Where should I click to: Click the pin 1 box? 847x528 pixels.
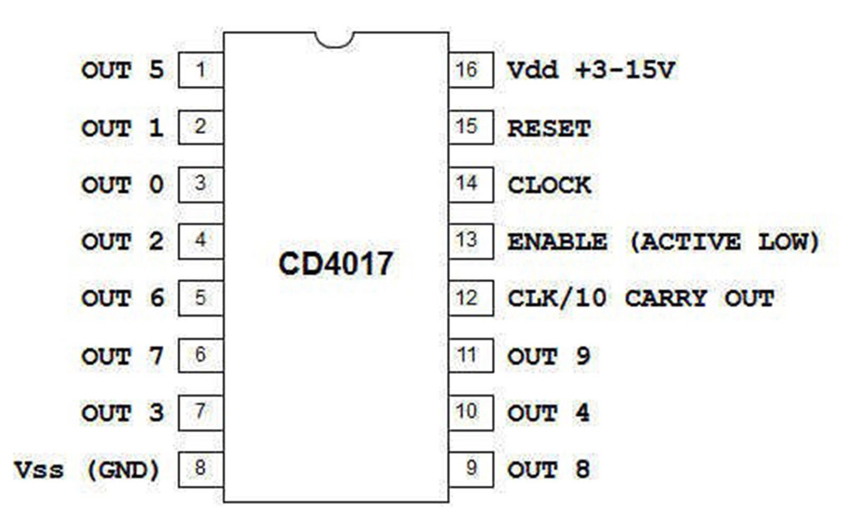pyautogui.click(x=201, y=70)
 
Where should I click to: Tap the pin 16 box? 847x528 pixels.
pyautogui.click(x=471, y=70)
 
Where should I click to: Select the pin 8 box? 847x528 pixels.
pyautogui.click(x=201, y=469)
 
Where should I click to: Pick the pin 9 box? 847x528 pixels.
pyautogui.click(x=471, y=469)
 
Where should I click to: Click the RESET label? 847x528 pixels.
pyautogui.click(x=549, y=129)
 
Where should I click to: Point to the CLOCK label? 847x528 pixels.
pyautogui.click(x=549, y=185)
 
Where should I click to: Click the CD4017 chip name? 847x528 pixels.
pyautogui.click(x=336, y=264)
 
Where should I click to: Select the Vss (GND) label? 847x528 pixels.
pyautogui.click(x=87, y=470)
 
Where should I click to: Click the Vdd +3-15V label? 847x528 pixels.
pyautogui.click(x=591, y=70)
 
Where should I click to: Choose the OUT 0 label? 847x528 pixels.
pyautogui.click(x=123, y=185)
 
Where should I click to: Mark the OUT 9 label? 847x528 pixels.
pyautogui.click(x=548, y=356)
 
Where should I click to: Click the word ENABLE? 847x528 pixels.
pyautogui.click(x=557, y=241)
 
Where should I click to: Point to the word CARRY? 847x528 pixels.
pyautogui.click(x=666, y=298)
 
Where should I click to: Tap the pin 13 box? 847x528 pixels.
pyautogui.click(x=471, y=241)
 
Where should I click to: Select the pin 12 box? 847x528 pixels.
pyautogui.click(x=471, y=298)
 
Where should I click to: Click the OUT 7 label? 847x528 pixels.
pyautogui.click(x=123, y=356)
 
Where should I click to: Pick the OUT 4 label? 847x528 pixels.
pyautogui.click(x=548, y=413)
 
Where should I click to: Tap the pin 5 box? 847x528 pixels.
pyautogui.click(x=201, y=298)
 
